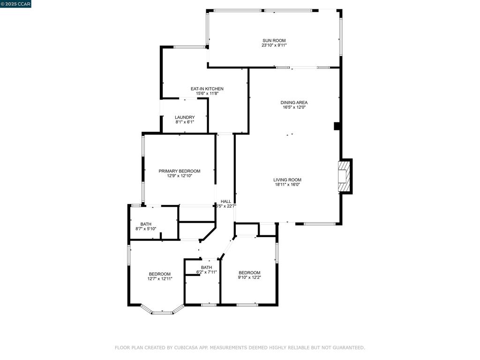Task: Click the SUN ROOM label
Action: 274,40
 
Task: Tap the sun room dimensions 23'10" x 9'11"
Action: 274,45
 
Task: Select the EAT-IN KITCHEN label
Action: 207,89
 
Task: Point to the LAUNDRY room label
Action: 185,117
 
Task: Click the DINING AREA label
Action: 294,103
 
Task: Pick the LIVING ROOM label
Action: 287,180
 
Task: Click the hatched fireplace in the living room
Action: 343,176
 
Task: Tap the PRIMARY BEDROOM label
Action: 180,171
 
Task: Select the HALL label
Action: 226,202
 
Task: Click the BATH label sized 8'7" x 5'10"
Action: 146,224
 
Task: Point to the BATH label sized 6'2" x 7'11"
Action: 206,268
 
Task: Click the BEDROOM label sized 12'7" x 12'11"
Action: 160,274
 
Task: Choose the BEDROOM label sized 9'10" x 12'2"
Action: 249,273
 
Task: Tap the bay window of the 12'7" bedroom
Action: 162,313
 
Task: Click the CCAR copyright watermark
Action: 15,4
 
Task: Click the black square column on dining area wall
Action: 337,126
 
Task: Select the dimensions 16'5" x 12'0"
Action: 294,107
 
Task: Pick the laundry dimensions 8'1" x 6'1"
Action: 185,122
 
